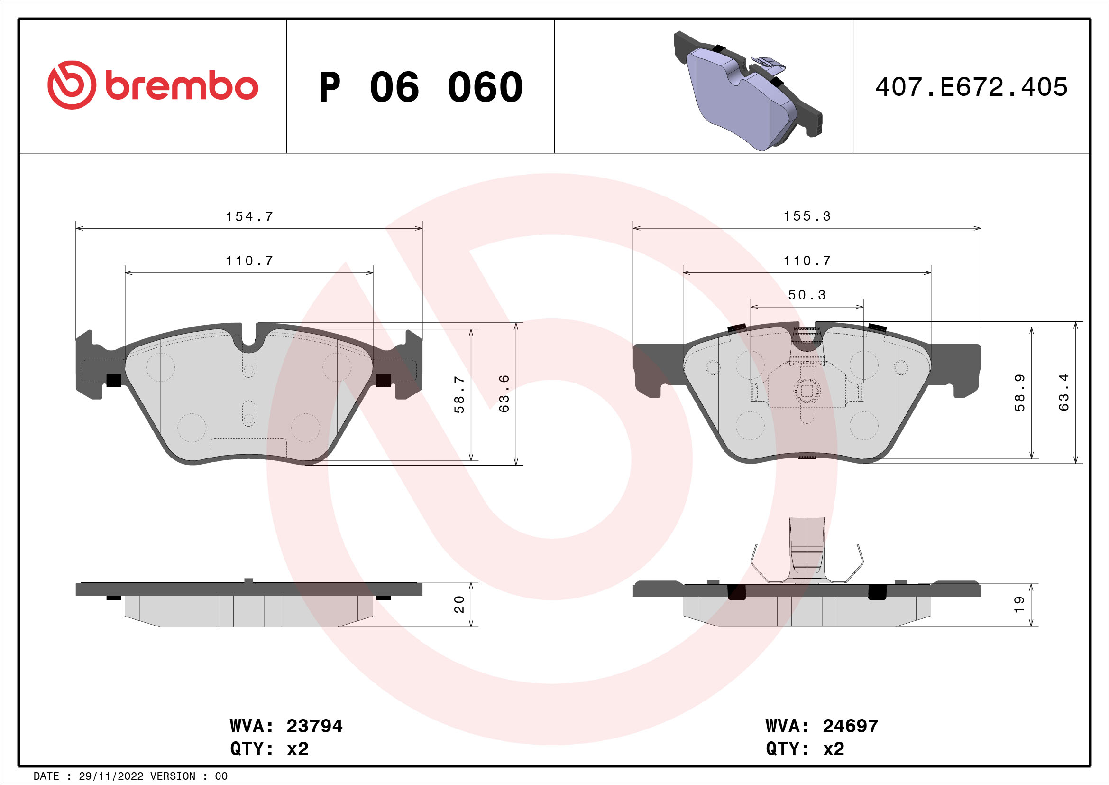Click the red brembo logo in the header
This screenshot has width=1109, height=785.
point(153,85)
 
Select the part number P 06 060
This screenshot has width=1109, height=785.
point(420,87)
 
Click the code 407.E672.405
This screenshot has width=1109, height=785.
point(972,87)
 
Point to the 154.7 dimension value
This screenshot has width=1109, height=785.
point(249,216)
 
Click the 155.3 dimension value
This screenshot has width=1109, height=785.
point(807,216)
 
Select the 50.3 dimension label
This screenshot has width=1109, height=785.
point(807,295)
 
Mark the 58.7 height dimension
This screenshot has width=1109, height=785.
point(459,394)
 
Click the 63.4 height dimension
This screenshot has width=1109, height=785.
point(1063,392)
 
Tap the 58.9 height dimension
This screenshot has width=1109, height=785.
point(1019,392)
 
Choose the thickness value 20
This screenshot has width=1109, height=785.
point(459,605)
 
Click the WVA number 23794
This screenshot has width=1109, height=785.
point(314,726)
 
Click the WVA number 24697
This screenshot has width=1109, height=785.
point(850,726)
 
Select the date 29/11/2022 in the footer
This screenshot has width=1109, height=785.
point(110,776)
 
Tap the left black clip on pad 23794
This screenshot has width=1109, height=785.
point(113,381)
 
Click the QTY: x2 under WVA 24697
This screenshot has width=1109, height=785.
point(805,749)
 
